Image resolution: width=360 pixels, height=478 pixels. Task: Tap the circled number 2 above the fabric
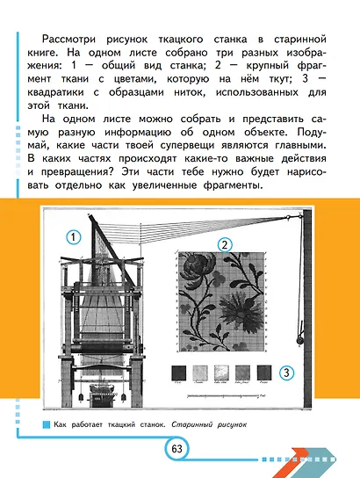225,244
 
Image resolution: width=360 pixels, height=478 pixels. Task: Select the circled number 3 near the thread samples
286,373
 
